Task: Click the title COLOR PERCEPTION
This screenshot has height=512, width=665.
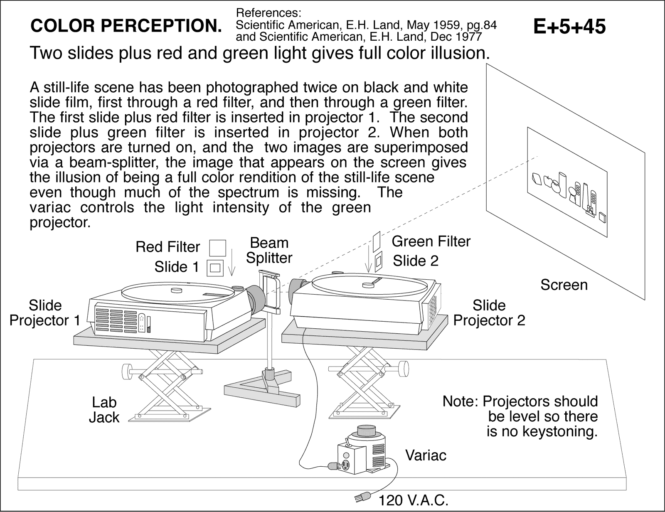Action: point(126,26)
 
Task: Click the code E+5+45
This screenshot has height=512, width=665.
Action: point(569,27)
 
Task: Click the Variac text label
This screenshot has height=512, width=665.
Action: point(425,455)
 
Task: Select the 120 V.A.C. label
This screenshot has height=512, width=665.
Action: point(413,500)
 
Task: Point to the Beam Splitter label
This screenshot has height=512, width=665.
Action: point(269,250)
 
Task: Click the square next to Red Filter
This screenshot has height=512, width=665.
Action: point(217,248)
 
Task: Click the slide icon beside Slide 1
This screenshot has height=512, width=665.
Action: point(215,268)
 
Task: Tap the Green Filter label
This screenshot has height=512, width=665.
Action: point(431,241)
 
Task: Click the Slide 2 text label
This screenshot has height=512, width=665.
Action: point(416,261)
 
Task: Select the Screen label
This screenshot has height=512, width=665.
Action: point(564,285)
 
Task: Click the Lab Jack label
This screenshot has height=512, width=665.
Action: point(104,410)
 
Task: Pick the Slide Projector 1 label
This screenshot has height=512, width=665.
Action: point(45,313)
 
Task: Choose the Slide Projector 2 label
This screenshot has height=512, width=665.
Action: point(489,313)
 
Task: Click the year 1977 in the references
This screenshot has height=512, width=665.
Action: point(468,37)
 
